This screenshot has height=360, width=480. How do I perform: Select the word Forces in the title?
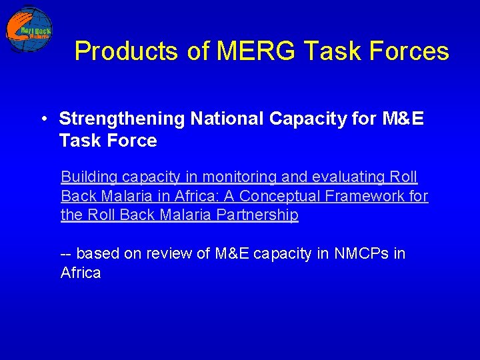click(415, 51)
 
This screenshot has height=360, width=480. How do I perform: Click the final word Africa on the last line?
click(81, 273)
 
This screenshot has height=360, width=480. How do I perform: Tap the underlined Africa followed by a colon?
click(193, 196)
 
